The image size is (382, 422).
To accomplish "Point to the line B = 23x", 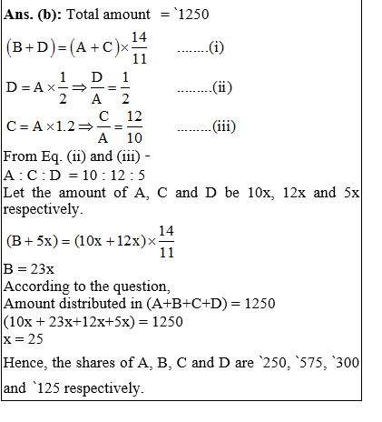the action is pos(28,270).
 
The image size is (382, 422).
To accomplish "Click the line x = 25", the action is pos(24,338).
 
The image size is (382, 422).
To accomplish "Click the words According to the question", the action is pos(80,286).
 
